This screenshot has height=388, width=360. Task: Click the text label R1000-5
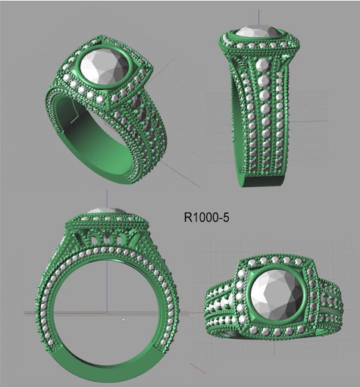click(207, 217)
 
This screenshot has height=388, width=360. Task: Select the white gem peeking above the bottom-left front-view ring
click(102, 211)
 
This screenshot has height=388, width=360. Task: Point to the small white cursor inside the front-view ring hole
click(124, 319)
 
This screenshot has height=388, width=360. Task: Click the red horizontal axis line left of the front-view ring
click(30, 312)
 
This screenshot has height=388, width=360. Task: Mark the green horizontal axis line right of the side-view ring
click(318, 120)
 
